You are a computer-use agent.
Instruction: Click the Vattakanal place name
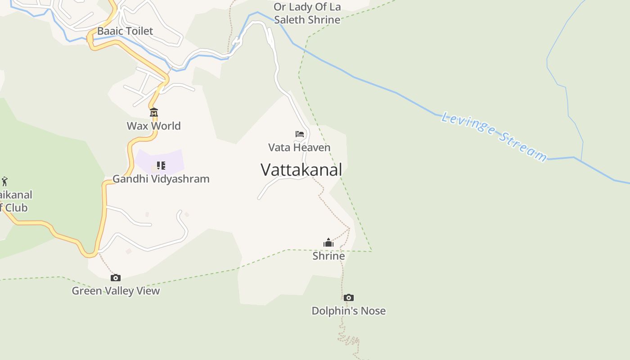click(301, 170)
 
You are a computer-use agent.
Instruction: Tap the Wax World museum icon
click(154, 112)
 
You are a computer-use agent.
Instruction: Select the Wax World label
click(153, 126)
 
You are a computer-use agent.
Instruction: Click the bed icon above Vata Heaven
click(300, 134)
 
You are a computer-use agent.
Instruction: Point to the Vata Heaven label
click(299, 147)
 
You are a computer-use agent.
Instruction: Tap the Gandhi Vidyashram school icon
click(161, 166)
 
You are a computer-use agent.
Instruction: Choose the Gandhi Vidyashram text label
click(161, 179)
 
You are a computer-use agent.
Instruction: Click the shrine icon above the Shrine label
click(328, 243)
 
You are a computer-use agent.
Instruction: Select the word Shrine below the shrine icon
click(328, 256)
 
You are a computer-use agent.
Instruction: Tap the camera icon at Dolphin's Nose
click(348, 297)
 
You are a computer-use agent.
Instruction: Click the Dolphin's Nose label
click(348, 310)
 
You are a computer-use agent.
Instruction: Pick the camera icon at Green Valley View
click(116, 278)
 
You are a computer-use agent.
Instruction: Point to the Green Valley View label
click(116, 291)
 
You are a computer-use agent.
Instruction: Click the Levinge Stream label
click(494, 136)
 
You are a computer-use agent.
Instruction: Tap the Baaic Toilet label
click(125, 31)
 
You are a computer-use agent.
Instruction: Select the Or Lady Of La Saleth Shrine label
click(307, 13)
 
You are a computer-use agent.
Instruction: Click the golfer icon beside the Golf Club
click(4, 181)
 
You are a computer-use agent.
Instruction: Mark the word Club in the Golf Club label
click(16, 208)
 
